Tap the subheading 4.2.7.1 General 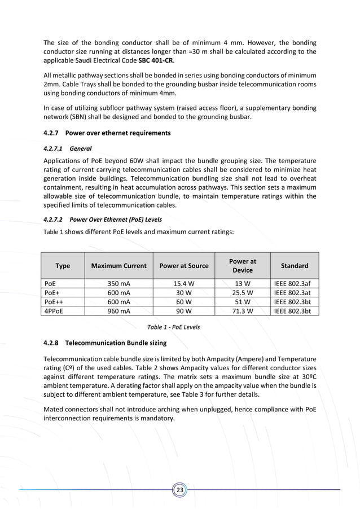click(x=67, y=148)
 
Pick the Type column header click(x=63, y=266)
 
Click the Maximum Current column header click(x=118, y=266)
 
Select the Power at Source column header click(x=184, y=266)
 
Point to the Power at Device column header click(x=243, y=266)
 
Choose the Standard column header click(x=295, y=266)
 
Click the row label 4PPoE click(x=54, y=310)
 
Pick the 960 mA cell click(x=118, y=310)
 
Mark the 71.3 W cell click(x=243, y=310)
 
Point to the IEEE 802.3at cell click(x=295, y=292)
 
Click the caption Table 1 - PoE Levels click(x=173, y=327)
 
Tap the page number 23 click(x=179, y=490)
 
